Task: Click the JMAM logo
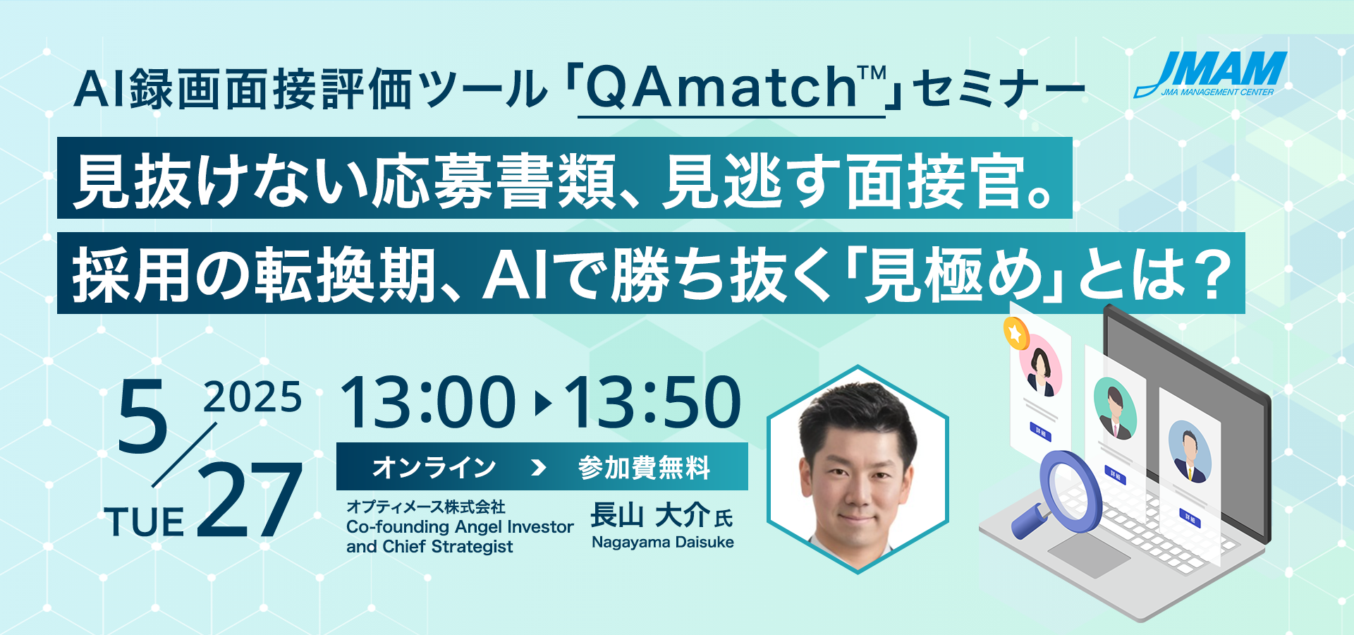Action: (1210, 73)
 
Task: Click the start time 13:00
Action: (428, 402)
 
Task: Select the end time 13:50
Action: (652, 402)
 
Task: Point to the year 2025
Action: (252, 397)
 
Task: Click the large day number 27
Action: (250, 500)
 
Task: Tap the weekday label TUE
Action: (145, 523)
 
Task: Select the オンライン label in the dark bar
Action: (434, 467)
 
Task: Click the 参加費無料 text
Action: (644, 467)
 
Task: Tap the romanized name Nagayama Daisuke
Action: (663, 542)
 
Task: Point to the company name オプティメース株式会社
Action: (426, 507)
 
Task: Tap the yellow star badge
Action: (1016, 333)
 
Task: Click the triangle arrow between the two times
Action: (542, 403)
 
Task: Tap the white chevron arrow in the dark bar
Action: (538, 467)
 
